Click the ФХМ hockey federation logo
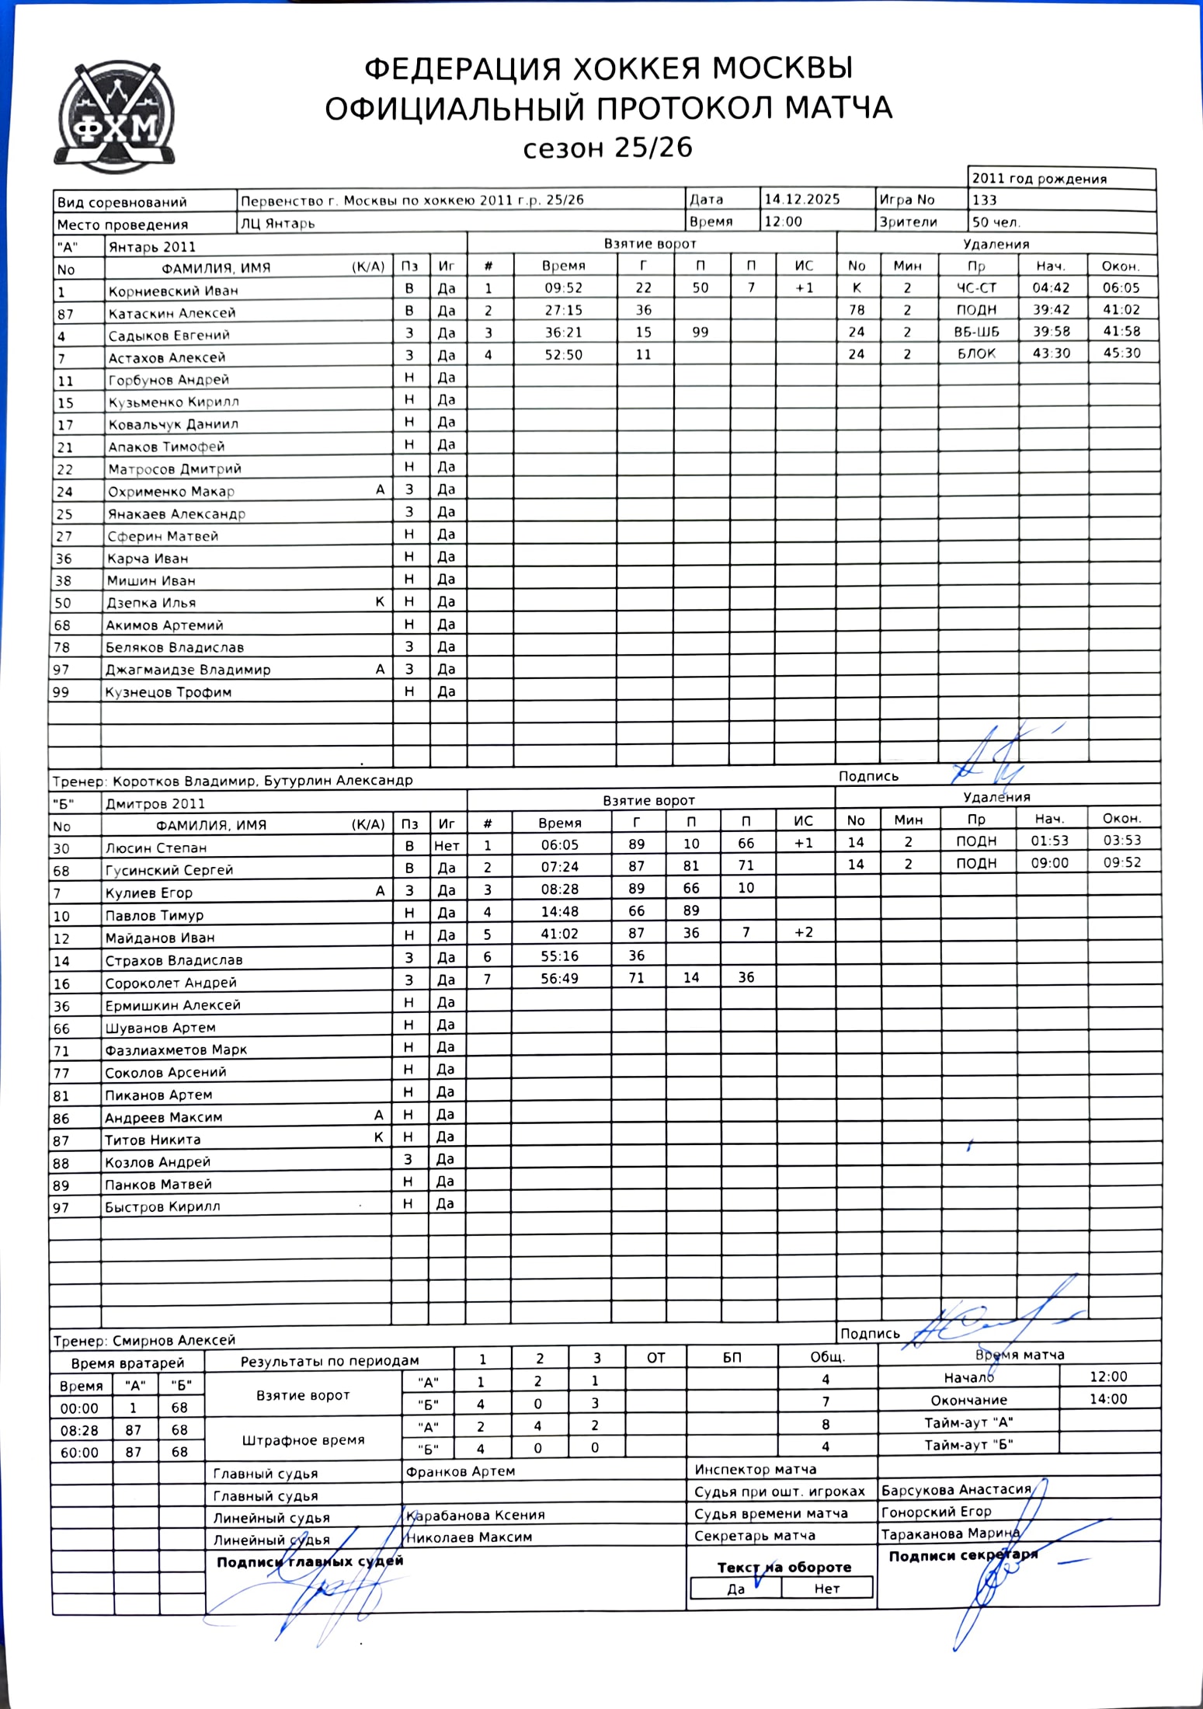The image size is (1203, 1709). click(115, 117)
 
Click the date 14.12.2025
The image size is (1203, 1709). click(801, 200)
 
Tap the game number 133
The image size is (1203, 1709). click(984, 200)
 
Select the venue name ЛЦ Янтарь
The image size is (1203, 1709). click(277, 224)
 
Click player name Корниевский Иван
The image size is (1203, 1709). click(173, 291)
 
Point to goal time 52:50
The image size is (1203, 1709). click(563, 355)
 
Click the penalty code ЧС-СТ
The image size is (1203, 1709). click(976, 288)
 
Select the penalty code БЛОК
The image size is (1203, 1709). click(976, 354)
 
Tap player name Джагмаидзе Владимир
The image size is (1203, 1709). click(188, 670)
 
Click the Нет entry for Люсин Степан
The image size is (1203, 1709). click(447, 846)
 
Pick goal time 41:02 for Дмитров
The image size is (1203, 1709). click(559, 934)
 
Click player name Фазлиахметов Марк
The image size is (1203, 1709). click(176, 1050)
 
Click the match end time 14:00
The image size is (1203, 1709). click(1107, 1400)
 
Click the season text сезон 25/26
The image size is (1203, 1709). click(607, 148)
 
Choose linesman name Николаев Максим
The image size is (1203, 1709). click(470, 1537)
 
